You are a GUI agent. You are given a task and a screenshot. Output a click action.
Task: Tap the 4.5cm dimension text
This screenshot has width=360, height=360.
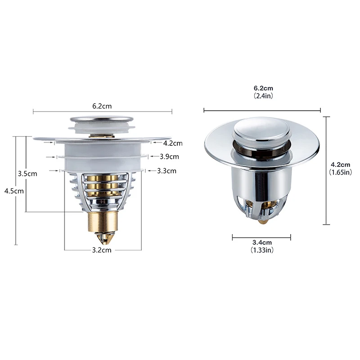pyautogui.click(x=14, y=191)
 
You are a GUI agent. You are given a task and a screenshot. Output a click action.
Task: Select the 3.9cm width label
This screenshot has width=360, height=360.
pyautogui.click(x=170, y=157)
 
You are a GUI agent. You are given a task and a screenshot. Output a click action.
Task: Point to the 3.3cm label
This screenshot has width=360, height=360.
pyautogui.click(x=167, y=171)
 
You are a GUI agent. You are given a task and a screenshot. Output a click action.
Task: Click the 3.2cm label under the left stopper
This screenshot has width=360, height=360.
pyautogui.click(x=102, y=250)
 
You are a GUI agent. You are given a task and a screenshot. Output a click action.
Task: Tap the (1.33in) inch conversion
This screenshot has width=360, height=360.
pyautogui.click(x=262, y=250)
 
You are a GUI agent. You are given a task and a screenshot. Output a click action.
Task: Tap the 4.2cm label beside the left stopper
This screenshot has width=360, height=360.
pyautogui.click(x=172, y=143)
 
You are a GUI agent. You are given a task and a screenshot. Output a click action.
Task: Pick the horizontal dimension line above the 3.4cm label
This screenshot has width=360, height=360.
pyautogui.click(x=261, y=237)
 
